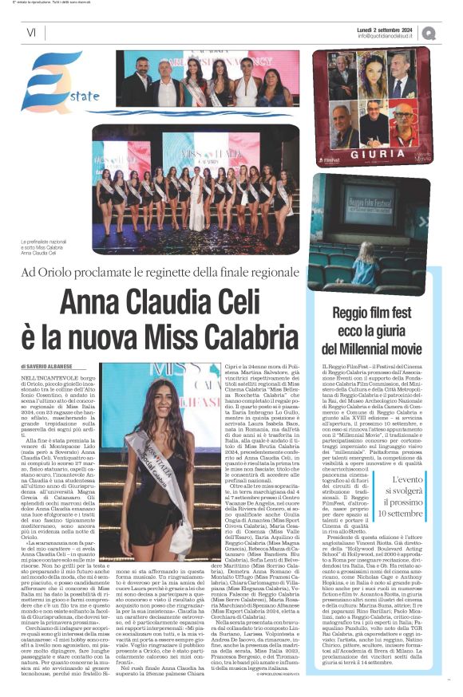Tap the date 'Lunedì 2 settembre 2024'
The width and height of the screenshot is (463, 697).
point(388,28)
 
